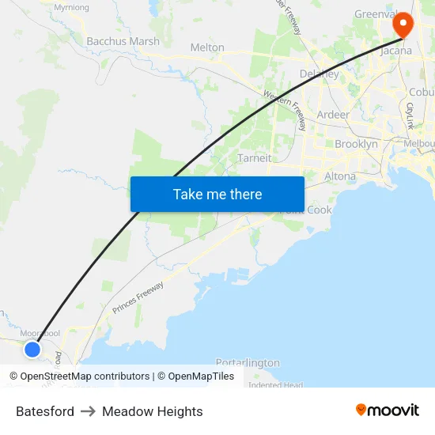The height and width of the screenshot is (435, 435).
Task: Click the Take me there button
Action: [x=217, y=194]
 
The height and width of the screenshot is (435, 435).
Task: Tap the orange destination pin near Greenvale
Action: [x=403, y=25]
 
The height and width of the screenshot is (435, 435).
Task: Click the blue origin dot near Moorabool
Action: [x=32, y=349]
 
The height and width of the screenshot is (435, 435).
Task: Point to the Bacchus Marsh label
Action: [x=123, y=41]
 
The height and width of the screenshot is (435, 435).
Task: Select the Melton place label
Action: [x=207, y=47]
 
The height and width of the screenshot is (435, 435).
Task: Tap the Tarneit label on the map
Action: [x=254, y=158]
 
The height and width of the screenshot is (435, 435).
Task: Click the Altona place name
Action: [x=340, y=176]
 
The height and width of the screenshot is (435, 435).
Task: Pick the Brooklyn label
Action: [x=356, y=144]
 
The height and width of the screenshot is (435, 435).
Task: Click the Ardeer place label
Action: [x=333, y=115]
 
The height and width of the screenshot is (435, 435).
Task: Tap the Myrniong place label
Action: [x=71, y=7]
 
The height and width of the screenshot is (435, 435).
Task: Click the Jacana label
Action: [x=396, y=51]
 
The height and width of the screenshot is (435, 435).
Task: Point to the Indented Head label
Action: [x=275, y=385]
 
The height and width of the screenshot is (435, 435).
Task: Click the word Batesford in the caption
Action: [x=45, y=411]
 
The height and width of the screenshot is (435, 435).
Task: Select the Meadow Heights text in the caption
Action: [x=153, y=411]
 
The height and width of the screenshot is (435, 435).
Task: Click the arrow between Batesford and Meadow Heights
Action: [x=88, y=411]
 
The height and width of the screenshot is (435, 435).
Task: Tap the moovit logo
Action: [x=388, y=410]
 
